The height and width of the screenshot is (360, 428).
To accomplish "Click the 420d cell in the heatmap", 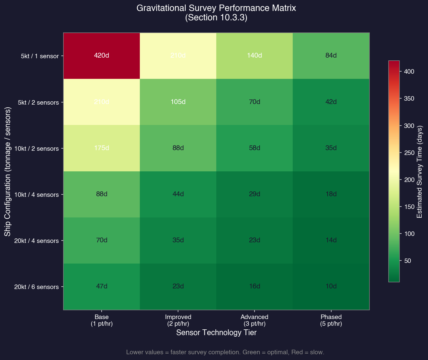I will point(102,56).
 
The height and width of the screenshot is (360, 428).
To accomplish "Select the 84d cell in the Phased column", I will point(331,56).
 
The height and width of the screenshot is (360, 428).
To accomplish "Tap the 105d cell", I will point(178,102).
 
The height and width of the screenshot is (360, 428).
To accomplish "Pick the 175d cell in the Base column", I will point(102,148).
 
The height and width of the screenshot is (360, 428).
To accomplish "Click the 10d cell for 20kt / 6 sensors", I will point(331,286).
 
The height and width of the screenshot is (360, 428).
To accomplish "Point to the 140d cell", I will point(254,56).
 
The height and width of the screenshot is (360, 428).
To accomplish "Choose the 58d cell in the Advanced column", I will point(254,148).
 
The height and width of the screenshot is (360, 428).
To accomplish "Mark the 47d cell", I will point(102,286).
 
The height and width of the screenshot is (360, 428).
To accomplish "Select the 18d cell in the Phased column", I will point(331,194).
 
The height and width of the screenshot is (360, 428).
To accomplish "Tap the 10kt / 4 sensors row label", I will point(36,195).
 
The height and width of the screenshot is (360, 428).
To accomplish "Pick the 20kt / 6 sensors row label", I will point(36,287).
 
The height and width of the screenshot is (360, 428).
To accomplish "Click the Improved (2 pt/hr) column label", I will point(178,320).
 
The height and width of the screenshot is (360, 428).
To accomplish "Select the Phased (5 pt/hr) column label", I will point(331,320).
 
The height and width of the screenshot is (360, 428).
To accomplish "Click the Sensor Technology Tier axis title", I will point(216,333).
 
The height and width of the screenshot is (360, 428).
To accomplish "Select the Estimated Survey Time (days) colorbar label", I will point(420,171).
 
